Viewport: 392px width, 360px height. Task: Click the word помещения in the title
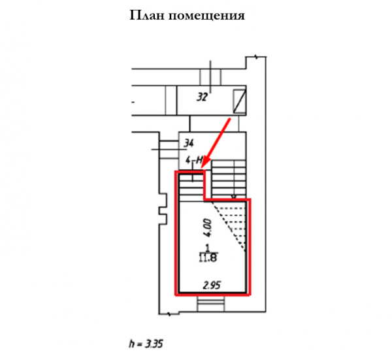[x=206, y=16]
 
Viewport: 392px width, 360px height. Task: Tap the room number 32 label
[x=202, y=97]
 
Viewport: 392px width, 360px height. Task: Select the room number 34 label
[x=189, y=144]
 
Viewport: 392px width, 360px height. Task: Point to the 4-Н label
[x=194, y=160]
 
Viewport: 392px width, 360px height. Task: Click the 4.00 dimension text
[x=207, y=227]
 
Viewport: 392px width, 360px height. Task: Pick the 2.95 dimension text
[x=212, y=285]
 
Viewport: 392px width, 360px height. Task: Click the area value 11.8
[x=208, y=257]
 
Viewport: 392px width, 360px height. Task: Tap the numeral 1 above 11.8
[x=207, y=248]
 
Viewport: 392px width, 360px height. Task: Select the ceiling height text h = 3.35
[x=146, y=344]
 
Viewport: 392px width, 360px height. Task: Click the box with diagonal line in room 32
[x=239, y=101]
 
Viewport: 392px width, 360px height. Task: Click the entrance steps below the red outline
[x=210, y=304]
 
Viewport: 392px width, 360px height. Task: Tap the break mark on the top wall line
[x=255, y=57]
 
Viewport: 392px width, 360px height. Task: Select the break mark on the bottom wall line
[x=169, y=314]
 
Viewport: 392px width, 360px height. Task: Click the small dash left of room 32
[x=133, y=102]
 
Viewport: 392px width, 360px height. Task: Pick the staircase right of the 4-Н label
[x=229, y=180]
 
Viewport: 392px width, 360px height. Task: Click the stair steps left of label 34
[x=169, y=150]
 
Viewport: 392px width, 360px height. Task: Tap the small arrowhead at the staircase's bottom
[x=233, y=197]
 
